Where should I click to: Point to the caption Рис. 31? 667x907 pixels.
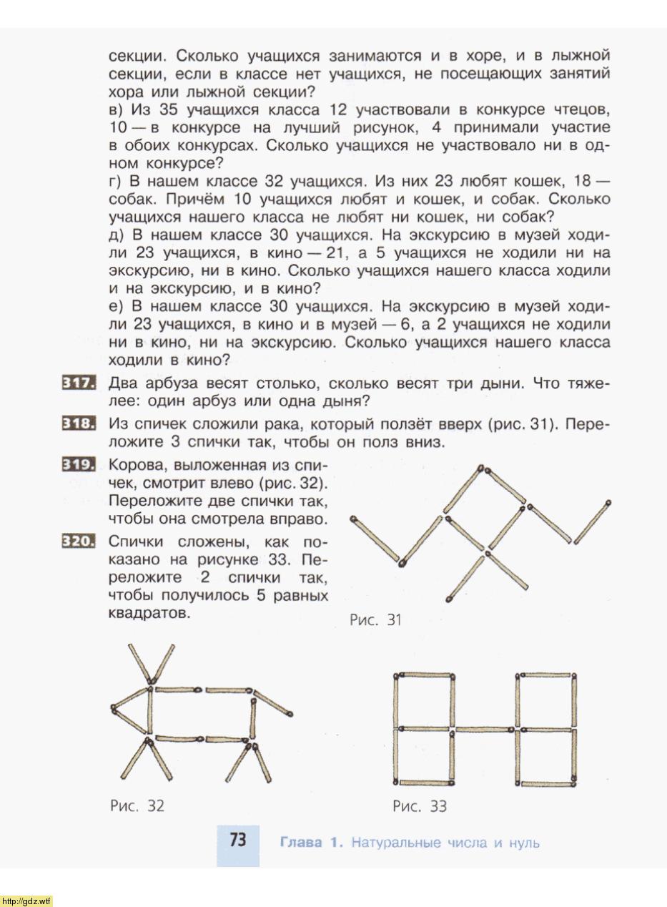375,620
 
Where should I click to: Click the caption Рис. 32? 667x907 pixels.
137,805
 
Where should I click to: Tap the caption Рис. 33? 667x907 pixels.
420,806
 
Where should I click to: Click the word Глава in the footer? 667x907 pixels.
301,843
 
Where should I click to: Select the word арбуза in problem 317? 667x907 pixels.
174,383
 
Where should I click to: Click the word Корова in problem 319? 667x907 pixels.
137,464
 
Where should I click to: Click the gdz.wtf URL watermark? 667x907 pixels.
26,901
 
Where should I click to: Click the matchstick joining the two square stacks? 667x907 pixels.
484,730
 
